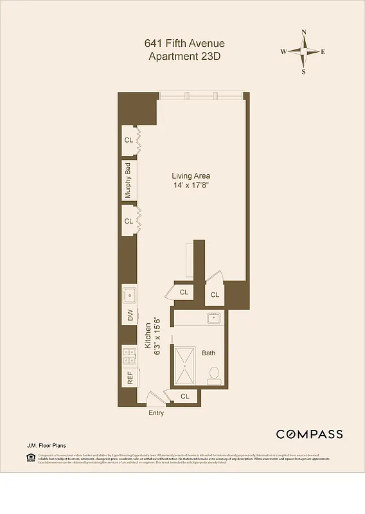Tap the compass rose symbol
(303, 52)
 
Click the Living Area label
(191, 175)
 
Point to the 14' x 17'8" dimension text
(191, 186)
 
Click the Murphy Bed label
(129, 181)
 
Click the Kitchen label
(147, 335)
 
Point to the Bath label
(209, 353)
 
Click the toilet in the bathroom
(215, 374)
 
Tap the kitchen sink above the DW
(129, 295)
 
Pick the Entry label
(156, 412)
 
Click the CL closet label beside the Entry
(185, 396)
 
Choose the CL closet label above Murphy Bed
(129, 140)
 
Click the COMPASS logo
(309, 434)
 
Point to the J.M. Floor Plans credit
(46, 445)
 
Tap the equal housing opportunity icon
(30, 457)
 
